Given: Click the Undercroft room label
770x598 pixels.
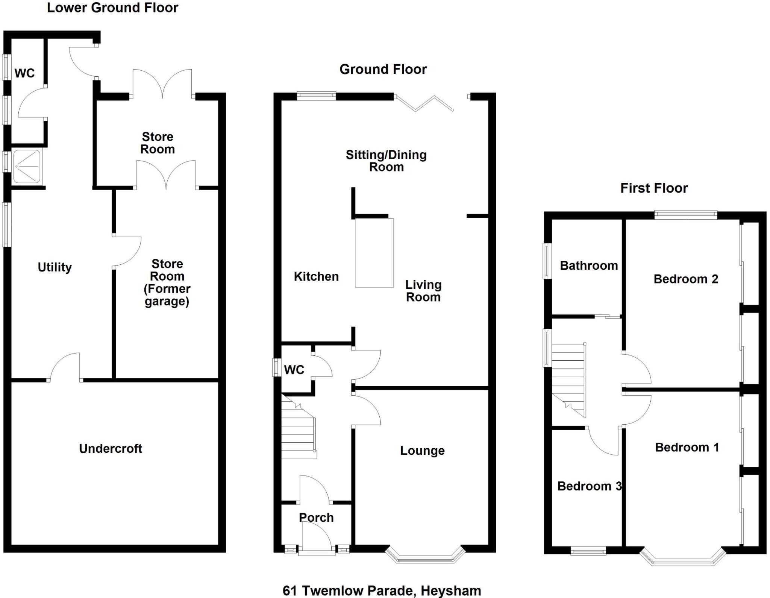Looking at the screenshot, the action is coord(111,448).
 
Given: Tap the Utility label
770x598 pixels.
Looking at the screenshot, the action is coord(55,267).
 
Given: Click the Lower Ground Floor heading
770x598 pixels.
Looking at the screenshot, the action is coord(112,8).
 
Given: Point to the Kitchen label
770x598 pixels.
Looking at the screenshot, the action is coord(316,276).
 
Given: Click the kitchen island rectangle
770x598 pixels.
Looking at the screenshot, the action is coord(374,253).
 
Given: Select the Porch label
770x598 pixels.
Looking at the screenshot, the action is coord(316,518).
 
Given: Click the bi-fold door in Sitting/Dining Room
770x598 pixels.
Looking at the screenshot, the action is coord(425,103).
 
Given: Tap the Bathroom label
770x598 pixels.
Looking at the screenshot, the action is coord(589,266).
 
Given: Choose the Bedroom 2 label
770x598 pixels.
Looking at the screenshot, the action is coord(686,279).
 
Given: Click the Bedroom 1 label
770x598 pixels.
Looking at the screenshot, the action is coord(687,447).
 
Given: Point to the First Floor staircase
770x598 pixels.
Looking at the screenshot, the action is coord(568,380).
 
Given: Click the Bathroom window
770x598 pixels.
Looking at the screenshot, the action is coord(547,261).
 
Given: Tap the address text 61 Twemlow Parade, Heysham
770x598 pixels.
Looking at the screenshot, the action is coord(382,591).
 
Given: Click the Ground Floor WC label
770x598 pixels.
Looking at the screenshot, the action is coord(294,370).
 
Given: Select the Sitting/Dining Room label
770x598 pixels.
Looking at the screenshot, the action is coord(386,161).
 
